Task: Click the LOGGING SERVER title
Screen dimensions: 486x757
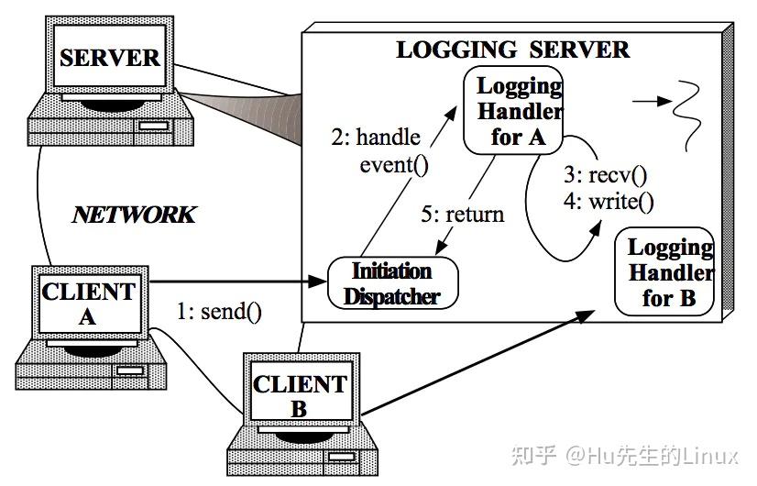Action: pyautogui.click(x=512, y=50)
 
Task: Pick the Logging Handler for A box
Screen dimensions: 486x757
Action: pyautogui.click(x=519, y=112)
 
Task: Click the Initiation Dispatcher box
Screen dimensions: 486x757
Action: pyautogui.click(x=392, y=283)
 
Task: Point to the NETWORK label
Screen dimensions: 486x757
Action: pyautogui.click(x=134, y=215)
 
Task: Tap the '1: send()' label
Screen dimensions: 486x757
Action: pyautogui.click(x=219, y=311)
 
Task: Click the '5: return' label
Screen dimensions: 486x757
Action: pyautogui.click(x=462, y=215)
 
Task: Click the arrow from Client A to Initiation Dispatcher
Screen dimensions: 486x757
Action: pyautogui.click(x=238, y=281)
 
